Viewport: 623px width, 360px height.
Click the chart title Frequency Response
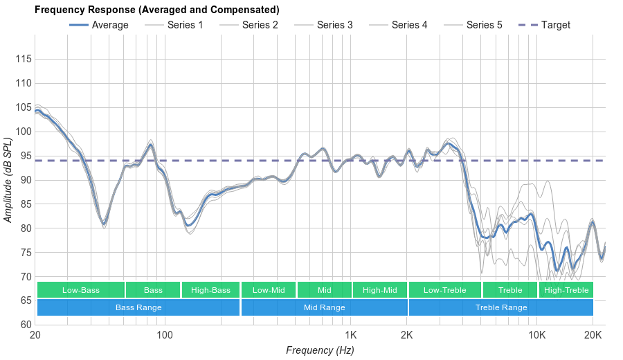click(157, 10)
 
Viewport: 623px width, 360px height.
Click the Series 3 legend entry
click(323, 25)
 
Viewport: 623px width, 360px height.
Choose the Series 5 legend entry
click(473, 25)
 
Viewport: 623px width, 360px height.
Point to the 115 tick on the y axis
click(23, 59)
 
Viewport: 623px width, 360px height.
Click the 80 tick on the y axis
click(26, 228)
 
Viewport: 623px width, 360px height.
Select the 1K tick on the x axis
click(350, 336)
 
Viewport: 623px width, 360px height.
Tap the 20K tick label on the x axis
click(593, 336)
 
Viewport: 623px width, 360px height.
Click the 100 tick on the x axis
click(165, 336)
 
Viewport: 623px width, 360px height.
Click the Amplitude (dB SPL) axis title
click(8, 180)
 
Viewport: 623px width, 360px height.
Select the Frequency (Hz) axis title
click(320, 350)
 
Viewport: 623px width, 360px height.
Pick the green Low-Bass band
click(81, 290)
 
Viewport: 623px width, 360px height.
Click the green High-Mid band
click(380, 290)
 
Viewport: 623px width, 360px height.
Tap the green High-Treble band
click(566, 290)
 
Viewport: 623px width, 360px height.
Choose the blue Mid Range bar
click(325, 307)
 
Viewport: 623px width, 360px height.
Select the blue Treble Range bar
click(501, 307)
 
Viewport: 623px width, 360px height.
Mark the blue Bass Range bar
click(138, 307)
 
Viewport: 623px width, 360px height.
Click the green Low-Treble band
click(445, 290)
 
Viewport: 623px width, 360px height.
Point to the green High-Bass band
click(210, 290)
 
